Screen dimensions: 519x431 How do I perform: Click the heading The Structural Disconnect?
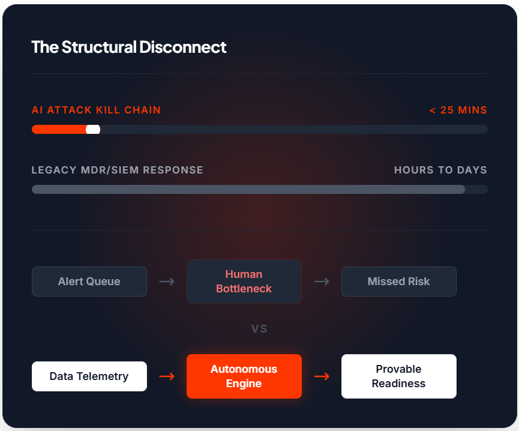pyautogui.click(x=129, y=47)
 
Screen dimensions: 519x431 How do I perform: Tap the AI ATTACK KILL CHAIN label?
pyautogui.click(x=96, y=110)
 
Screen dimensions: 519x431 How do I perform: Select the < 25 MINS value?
pyautogui.click(x=458, y=110)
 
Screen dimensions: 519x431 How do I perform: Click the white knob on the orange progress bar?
pyautogui.click(x=93, y=130)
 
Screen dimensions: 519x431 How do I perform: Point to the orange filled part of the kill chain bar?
pyautogui.click(x=59, y=130)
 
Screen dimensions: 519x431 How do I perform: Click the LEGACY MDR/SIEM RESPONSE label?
pyautogui.click(x=117, y=170)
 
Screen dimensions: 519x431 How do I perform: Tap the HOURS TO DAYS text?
pyautogui.click(x=440, y=170)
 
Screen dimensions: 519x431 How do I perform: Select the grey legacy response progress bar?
pyautogui.click(x=248, y=189)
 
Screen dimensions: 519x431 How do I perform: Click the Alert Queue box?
pyautogui.click(x=89, y=282)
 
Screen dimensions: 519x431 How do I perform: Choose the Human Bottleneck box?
pyautogui.click(x=244, y=282)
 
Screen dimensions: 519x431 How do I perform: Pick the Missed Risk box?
pyautogui.click(x=399, y=282)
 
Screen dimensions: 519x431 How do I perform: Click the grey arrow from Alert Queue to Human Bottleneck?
pyautogui.click(x=167, y=282)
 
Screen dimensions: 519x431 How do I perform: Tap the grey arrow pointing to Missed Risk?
pyautogui.click(x=322, y=282)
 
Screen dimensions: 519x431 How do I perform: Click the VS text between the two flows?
pyautogui.click(x=259, y=329)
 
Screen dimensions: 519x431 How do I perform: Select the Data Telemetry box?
pyautogui.click(x=89, y=376)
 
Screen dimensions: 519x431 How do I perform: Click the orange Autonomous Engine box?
pyautogui.click(x=244, y=376)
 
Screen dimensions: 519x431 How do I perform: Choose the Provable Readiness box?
pyautogui.click(x=399, y=376)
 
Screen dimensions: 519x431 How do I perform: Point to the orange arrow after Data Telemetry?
pyautogui.click(x=167, y=376)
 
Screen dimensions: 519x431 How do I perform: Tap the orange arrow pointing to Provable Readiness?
pyautogui.click(x=322, y=376)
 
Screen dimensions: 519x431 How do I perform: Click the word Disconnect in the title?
pyautogui.click(x=183, y=47)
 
